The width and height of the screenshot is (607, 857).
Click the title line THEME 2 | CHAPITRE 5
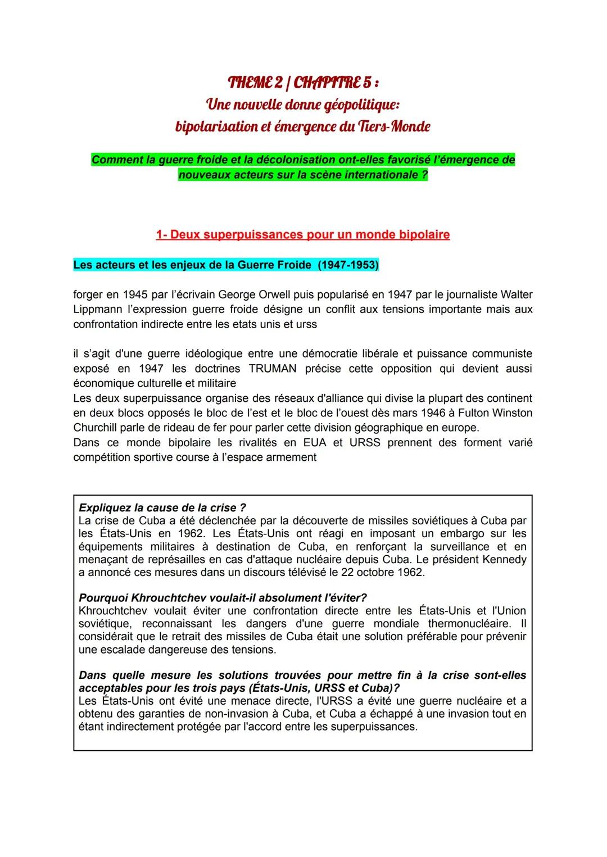pyautogui.click(x=303, y=83)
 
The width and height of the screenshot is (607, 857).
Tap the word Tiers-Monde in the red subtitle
pyautogui.click(x=394, y=126)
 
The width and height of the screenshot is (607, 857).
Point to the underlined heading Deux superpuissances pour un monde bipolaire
pyautogui.click(x=303, y=235)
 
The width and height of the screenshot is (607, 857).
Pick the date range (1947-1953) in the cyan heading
pyautogui.click(x=348, y=265)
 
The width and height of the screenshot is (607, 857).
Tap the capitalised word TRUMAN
pyautogui.click(x=274, y=369)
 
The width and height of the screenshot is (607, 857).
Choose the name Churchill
pyautogui.click(x=97, y=428)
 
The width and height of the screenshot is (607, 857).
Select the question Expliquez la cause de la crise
pyautogui.click(x=162, y=508)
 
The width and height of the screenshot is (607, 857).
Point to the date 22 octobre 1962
pyautogui.click(x=378, y=573)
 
